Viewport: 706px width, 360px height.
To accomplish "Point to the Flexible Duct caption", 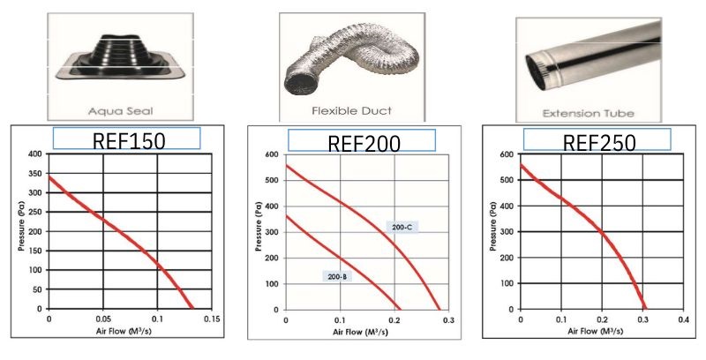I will (x=351, y=111).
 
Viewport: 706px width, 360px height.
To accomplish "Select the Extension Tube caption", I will (x=587, y=113).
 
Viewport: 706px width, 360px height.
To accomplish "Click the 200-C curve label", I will (x=403, y=227).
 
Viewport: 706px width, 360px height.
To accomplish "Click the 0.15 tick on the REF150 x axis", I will (x=210, y=319).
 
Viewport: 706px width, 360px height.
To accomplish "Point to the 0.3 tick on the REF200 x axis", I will (x=449, y=319).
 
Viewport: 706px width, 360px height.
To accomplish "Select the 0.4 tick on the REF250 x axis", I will (x=682, y=319).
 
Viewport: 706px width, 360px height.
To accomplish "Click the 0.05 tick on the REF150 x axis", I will (x=102, y=319).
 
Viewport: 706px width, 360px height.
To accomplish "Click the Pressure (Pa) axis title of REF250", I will (x=492, y=231).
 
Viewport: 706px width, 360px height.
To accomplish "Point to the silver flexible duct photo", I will (x=343, y=64).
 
